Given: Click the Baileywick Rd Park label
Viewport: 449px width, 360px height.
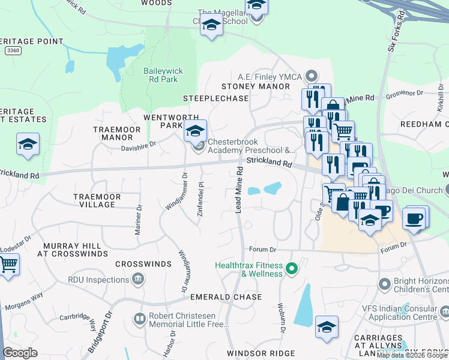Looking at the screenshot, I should click(x=160, y=74).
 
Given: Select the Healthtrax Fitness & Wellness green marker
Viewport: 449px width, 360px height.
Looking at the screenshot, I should click(x=292, y=268).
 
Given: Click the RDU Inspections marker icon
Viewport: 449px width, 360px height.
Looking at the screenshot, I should click(x=138, y=278).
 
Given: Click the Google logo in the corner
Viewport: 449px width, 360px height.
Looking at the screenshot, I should click(x=20, y=353).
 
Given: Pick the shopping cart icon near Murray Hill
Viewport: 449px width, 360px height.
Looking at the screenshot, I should click(x=8, y=264).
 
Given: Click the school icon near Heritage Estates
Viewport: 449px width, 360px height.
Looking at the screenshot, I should click(x=28, y=145).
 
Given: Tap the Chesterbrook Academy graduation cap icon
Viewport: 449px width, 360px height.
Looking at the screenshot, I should click(x=195, y=130).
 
